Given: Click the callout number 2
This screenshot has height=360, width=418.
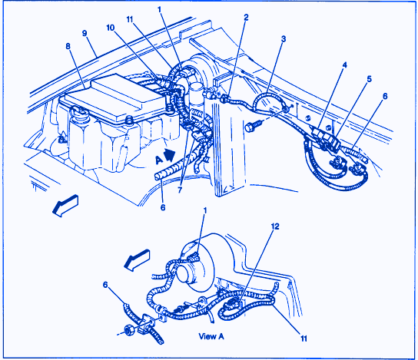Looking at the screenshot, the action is [x=246, y=18].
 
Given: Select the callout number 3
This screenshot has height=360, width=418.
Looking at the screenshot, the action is [x=284, y=39].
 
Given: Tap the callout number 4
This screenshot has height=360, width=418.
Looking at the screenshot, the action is [x=345, y=65].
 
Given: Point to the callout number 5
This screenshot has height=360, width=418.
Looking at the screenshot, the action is [x=370, y=79].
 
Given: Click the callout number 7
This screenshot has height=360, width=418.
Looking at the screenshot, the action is [x=180, y=190].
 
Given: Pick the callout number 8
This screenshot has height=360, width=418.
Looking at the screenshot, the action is [x=68, y=46].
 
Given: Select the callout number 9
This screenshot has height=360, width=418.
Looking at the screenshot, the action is [x=85, y=34].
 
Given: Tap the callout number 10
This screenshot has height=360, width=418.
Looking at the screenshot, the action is [x=111, y=28].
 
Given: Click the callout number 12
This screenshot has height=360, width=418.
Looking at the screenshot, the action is [x=275, y=226].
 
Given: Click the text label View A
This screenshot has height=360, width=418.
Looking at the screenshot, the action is [x=211, y=336].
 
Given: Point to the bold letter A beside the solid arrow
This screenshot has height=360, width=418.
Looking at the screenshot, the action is [x=159, y=160].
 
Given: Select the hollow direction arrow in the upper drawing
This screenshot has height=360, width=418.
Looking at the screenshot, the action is [x=65, y=205].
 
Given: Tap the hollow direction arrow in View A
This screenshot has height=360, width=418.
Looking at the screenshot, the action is [x=138, y=259].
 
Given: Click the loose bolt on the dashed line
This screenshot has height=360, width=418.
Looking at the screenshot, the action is [x=253, y=126].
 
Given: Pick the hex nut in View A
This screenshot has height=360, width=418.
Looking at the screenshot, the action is [x=129, y=331].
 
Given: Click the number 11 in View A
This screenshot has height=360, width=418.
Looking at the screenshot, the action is [x=304, y=339].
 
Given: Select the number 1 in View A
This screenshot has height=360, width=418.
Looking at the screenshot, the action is [x=205, y=210].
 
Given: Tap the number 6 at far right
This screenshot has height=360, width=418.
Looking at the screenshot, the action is [x=385, y=96].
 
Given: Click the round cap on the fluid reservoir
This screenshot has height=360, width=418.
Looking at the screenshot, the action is [x=78, y=113].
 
